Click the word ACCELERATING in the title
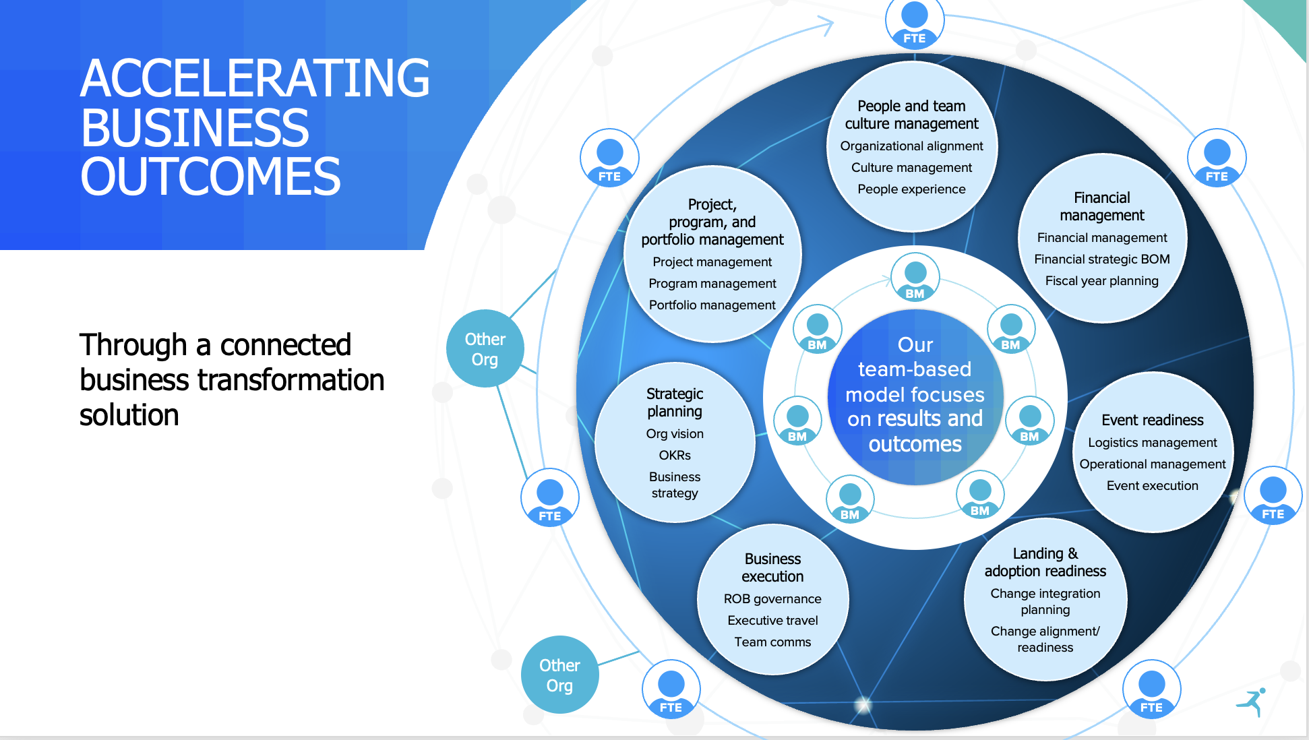(x=255, y=79)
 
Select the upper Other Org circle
(x=485, y=348)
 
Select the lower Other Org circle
(x=559, y=675)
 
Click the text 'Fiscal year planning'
(x=1101, y=281)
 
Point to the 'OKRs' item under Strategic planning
(x=675, y=456)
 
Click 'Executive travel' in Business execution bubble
(x=772, y=621)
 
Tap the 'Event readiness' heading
(x=1152, y=421)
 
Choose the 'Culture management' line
(x=911, y=168)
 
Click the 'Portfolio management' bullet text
(x=712, y=305)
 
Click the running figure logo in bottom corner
(x=1252, y=702)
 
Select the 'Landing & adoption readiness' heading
(x=1045, y=563)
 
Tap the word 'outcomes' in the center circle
(x=915, y=445)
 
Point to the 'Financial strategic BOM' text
(x=1101, y=259)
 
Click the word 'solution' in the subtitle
(x=129, y=415)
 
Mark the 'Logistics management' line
(x=1152, y=443)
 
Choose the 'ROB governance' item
(x=772, y=599)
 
